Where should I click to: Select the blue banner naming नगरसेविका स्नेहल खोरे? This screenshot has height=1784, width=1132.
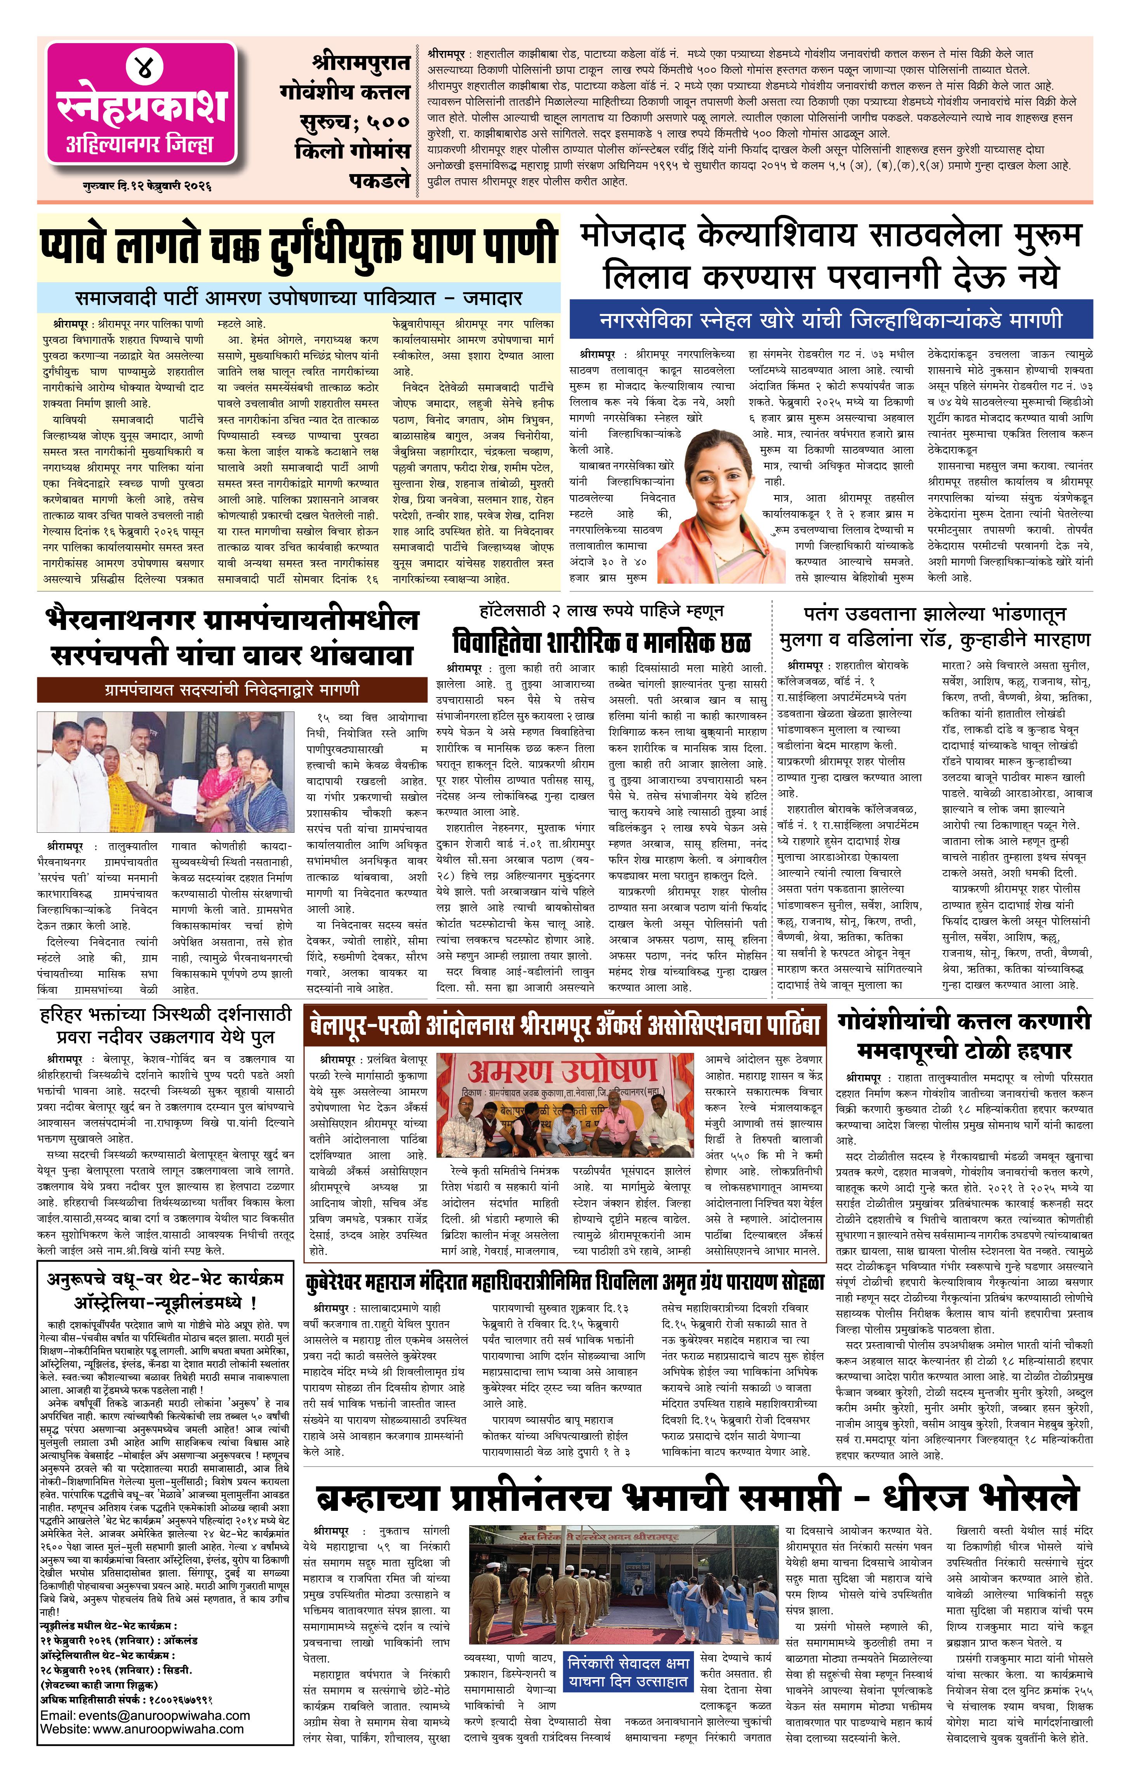click(x=831, y=320)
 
